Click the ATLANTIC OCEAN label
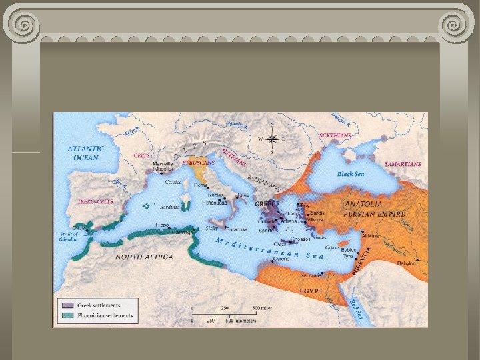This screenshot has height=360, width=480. coord(85,153)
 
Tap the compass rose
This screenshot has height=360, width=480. coord(271,139)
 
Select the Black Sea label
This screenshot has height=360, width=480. coord(350,173)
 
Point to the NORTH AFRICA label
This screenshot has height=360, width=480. coord(144,257)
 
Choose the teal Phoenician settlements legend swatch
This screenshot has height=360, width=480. coord(66,315)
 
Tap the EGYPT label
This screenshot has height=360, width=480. coord(311,291)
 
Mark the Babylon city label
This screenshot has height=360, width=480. coord(407,263)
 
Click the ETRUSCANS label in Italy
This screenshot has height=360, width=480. coord(197,162)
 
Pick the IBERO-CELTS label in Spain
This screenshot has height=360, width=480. coord(95,201)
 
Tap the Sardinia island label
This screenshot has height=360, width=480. coord(170,207)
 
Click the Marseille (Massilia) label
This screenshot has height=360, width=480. coord(163,167)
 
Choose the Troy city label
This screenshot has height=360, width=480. coord(305,206)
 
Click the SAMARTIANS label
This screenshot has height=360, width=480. coord(403,163)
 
